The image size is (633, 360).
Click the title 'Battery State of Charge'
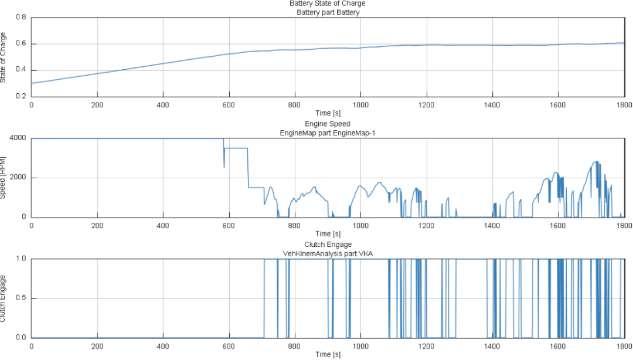327,4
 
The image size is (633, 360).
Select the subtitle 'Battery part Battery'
327,12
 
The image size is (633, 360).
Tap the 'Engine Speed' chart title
327,124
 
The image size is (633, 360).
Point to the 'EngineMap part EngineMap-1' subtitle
327,133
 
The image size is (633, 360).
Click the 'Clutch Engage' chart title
327,244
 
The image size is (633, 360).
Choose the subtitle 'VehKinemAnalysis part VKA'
327,253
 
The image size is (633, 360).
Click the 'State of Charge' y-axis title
4,57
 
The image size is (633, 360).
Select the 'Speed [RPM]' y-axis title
4,177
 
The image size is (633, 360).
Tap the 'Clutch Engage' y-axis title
4,298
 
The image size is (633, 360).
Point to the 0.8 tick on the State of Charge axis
21,18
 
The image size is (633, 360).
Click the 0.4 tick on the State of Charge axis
21,70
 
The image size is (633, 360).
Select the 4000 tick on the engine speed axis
18,138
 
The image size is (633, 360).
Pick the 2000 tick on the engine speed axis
18,178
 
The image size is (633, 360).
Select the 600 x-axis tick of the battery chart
229,105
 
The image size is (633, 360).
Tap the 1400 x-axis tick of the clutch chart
492,347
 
